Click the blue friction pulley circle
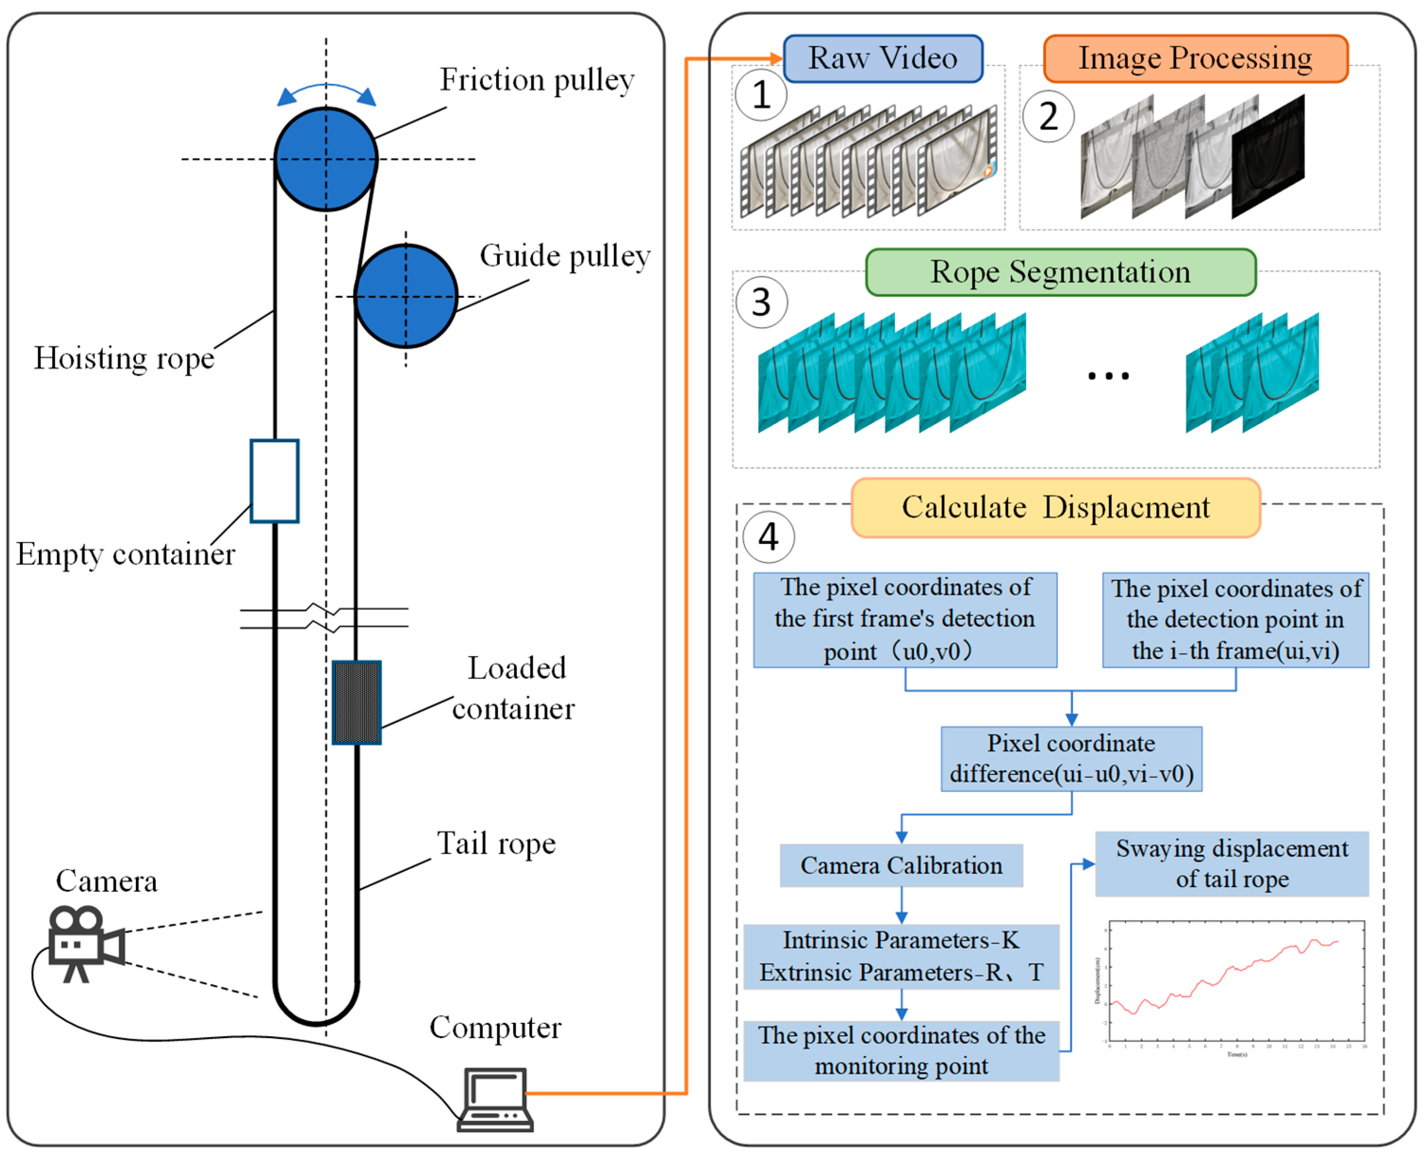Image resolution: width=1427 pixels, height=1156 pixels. pyautogui.click(x=326, y=159)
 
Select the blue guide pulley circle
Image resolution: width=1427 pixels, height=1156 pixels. pyautogui.click(x=406, y=296)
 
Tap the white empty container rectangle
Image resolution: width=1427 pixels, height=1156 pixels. pyautogui.click(x=274, y=481)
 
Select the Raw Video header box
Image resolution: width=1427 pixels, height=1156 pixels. pyautogui.click(x=883, y=58)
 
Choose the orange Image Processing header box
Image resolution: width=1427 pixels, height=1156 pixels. pyautogui.click(x=1195, y=58)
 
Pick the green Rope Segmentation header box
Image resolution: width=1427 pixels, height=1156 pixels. pyautogui.click(x=1060, y=272)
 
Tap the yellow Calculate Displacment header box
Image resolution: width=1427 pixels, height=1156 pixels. pyautogui.click(x=1056, y=507)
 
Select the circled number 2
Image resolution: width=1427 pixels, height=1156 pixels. pyautogui.click(x=1048, y=117)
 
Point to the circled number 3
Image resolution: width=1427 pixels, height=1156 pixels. pyautogui.click(x=761, y=303)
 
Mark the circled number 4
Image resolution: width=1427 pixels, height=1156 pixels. pyautogui.click(x=768, y=537)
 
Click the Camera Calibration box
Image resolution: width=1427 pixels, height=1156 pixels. pyautogui.click(x=901, y=866)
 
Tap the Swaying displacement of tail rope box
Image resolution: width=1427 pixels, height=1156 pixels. pyautogui.click(x=1232, y=864)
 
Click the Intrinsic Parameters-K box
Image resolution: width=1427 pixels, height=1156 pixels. pyautogui.click(x=901, y=957)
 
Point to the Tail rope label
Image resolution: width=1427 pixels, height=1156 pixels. pyautogui.click(x=496, y=844)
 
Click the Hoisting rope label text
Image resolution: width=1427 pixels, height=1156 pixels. pyautogui.click(x=124, y=358)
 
